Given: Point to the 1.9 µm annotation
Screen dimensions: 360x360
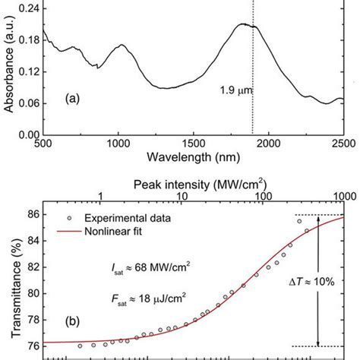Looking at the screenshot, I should [x=232, y=91].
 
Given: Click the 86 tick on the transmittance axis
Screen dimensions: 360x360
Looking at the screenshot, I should [x=30, y=215].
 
